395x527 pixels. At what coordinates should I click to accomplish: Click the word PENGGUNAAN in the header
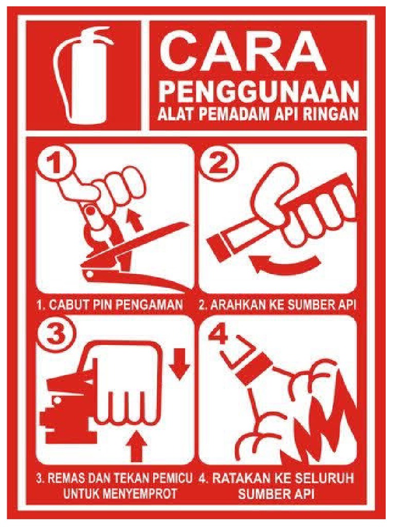(258, 94)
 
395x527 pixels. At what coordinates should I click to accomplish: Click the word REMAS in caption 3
(64, 478)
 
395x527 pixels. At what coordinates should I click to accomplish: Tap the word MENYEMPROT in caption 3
(140, 494)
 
